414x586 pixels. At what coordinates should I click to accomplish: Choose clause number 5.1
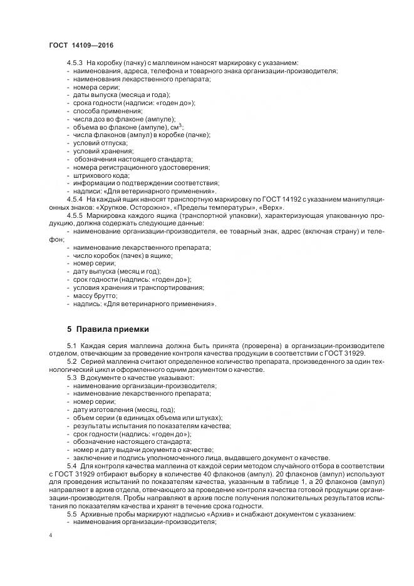71,346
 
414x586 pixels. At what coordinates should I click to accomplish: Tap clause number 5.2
71,362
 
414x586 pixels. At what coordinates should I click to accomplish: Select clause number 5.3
71,378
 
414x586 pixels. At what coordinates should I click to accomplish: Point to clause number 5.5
71,514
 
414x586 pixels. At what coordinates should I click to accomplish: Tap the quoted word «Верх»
271,207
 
